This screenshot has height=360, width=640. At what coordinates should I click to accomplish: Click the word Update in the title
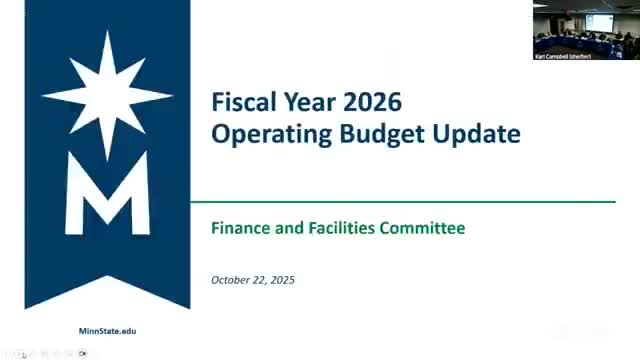click(x=478, y=134)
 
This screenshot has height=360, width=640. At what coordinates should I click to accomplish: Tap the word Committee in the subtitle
click(x=422, y=228)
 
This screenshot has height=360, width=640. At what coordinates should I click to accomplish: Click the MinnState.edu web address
click(x=107, y=330)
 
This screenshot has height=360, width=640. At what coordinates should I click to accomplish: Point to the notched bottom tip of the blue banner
click(x=107, y=296)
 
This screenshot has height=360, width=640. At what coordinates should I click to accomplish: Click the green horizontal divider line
click(x=400, y=202)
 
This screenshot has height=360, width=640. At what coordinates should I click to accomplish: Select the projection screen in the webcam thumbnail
click(x=599, y=20)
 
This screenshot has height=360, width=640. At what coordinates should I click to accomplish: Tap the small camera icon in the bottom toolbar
click(x=84, y=353)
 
